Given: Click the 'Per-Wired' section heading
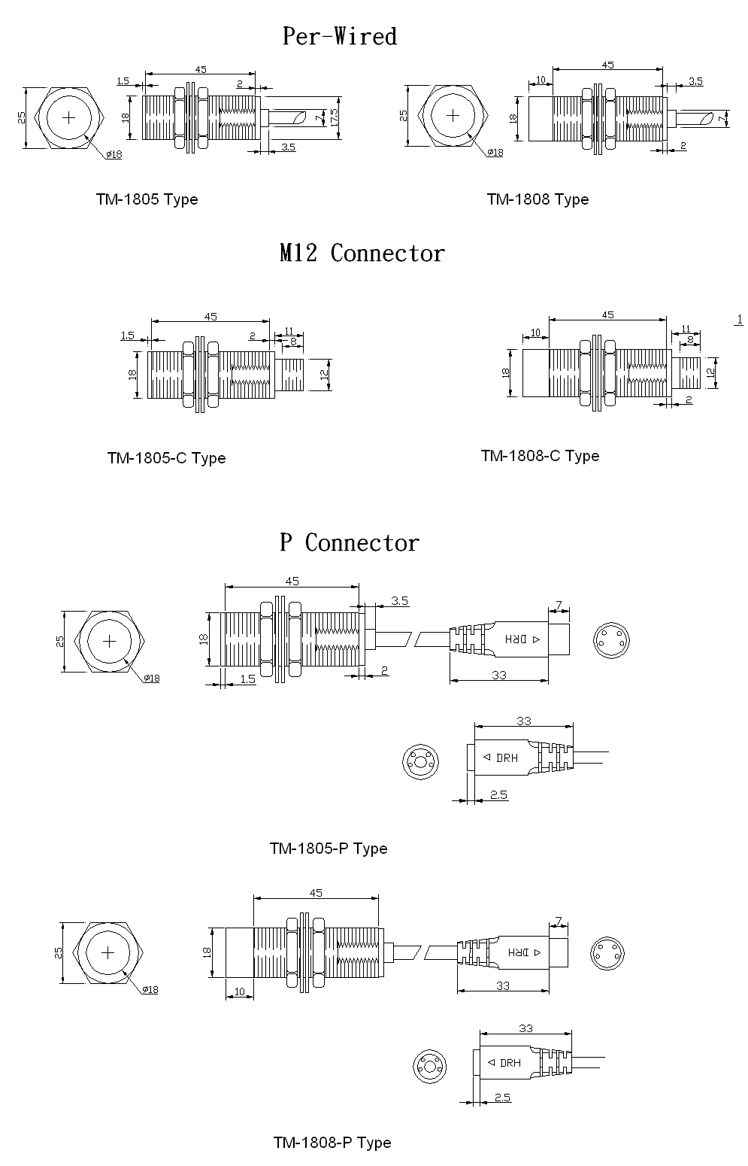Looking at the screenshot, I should [x=339, y=36].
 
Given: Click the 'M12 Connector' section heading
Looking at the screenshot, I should [x=362, y=253].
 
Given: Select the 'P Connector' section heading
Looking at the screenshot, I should [x=349, y=542].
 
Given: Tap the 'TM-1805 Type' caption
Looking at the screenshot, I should [x=147, y=199].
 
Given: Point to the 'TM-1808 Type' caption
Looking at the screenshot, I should [x=538, y=199].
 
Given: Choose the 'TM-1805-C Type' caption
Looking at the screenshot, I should [x=166, y=458].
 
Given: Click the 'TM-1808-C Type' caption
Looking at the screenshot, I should [x=540, y=456].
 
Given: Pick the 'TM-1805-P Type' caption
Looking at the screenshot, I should [x=329, y=849].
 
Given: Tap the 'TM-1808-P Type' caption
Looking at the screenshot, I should [x=332, y=1143].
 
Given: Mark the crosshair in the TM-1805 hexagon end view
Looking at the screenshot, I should [x=70, y=117].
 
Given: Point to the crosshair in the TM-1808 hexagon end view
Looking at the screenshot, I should [x=453, y=115].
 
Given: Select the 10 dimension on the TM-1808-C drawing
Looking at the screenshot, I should [x=536, y=332].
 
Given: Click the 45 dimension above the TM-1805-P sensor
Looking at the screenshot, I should [x=292, y=581].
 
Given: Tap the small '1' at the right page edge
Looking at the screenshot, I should [x=739, y=320].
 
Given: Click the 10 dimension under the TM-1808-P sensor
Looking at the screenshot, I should [x=240, y=991].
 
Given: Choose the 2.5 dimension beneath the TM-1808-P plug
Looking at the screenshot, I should [x=502, y=1097].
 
